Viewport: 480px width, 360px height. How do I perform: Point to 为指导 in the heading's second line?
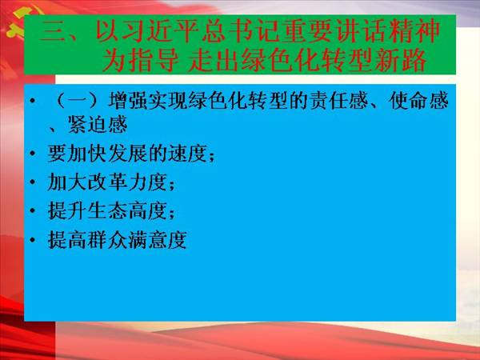tap(141, 60)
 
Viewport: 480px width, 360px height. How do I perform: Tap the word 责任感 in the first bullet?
tap(338, 101)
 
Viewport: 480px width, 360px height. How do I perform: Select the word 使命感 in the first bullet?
tap(419, 101)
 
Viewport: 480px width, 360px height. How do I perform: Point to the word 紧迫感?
tap(98, 125)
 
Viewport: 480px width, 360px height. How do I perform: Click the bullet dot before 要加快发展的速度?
tap(33, 154)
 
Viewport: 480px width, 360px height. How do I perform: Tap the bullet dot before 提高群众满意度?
tap(33, 240)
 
